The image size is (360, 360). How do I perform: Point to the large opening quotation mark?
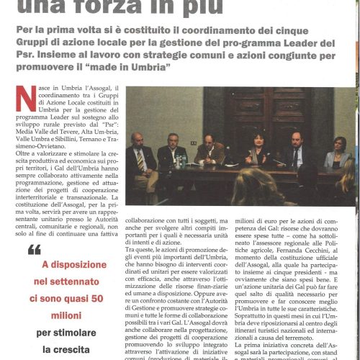pyautogui.click(x=35, y=251)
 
